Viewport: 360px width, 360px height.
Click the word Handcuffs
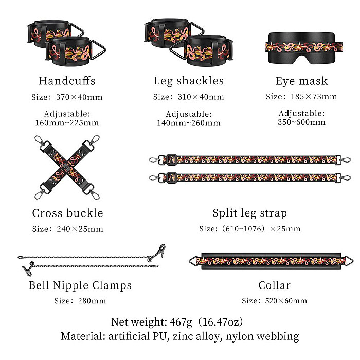click(67, 81)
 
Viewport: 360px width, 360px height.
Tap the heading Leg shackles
click(189, 81)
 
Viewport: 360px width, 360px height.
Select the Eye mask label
click(301, 81)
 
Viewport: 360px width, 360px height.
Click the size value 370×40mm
click(79, 97)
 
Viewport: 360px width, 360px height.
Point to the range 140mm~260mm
click(189, 123)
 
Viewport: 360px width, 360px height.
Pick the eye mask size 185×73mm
click(314, 97)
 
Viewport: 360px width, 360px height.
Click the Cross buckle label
click(67, 213)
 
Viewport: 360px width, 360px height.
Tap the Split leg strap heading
click(250, 213)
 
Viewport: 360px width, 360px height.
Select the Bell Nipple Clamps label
click(80, 285)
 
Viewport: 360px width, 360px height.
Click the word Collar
click(274, 285)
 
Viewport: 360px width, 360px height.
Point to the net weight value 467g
click(181, 322)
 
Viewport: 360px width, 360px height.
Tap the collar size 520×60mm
click(286, 301)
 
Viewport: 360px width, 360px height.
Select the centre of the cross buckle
click(67, 167)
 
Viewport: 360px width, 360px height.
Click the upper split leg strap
click(249, 159)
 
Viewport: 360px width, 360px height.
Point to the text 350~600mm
click(301, 122)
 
